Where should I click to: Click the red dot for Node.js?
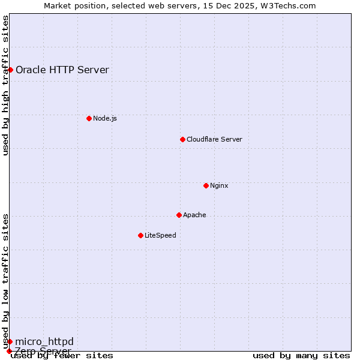pyautogui.click(x=89, y=118)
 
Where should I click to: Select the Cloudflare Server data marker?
pyautogui.click(x=182, y=139)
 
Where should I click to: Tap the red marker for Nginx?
pyautogui.click(x=206, y=185)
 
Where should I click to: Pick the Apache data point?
pyautogui.click(x=179, y=215)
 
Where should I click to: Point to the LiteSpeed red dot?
pyautogui.click(x=140, y=235)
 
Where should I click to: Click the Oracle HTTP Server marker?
pyautogui.click(x=10, y=70)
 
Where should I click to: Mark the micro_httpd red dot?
pyautogui.click(x=10, y=341)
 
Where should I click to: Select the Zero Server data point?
pyautogui.click(x=9, y=351)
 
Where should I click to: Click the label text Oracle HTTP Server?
pyautogui.click(x=62, y=70)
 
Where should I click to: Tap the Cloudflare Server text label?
pyautogui.click(x=214, y=139)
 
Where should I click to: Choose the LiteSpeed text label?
pyautogui.click(x=160, y=235)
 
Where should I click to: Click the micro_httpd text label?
pyautogui.click(x=44, y=341)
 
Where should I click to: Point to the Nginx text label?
pyautogui.click(x=219, y=185)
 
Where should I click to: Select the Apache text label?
pyautogui.click(x=194, y=215)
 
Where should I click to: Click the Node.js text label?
pyautogui.click(x=105, y=118)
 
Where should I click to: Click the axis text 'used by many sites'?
pyautogui.click(x=301, y=356)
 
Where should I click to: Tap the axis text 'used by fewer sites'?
pyautogui.click(x=62, y=356)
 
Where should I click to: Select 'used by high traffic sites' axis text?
pyautogui.click(x=6, y=85)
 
